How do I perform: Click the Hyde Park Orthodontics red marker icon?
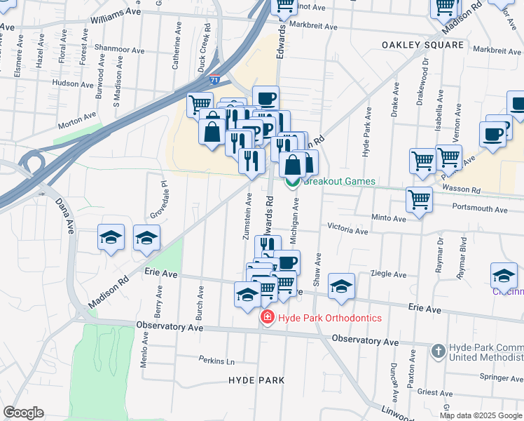coord(267,319)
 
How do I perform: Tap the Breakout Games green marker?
coord(293,182)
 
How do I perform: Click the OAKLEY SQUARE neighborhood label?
coord(422,45)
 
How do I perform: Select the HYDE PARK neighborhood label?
coord(256,380)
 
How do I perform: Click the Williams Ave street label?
coord(116,13)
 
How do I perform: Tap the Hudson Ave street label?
coord(73,83)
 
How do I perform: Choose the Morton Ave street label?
coord(77,120)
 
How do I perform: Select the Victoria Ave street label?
coord(348,229)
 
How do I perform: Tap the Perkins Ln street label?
coord(216,361)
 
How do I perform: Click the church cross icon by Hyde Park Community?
coord(438,350)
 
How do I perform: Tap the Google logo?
coord(23,413)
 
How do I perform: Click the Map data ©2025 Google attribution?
coord(481,415)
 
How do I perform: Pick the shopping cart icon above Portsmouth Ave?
coord(419,199)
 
